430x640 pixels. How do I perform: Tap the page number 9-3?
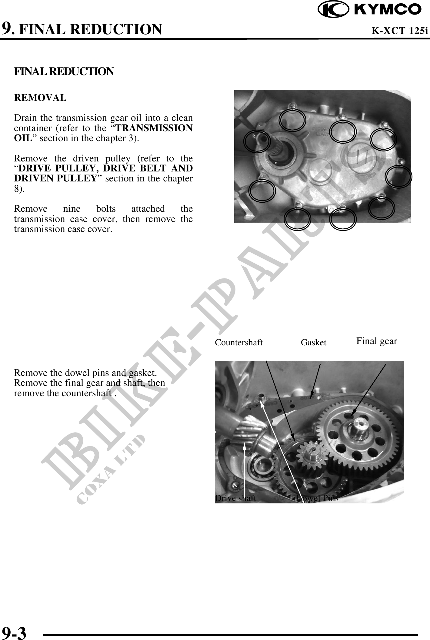pyautogui.click(x=14, y=632)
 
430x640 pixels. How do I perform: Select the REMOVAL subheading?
pyautogui.click(x=40, y=98)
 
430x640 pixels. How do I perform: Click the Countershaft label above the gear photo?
pyautogui.click(x=239, y=343)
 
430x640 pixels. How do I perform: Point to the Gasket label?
pyautogui.click(x=314, y=343)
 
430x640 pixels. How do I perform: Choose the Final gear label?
pyautogui.click(x=377, y=341)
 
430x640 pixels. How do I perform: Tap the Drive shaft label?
pyautogui.click(x=235, y=498)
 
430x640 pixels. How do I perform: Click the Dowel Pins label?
pyautogui.click(x=317, y=498)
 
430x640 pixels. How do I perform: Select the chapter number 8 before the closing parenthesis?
pyautogui.click(x=16, y=188)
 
